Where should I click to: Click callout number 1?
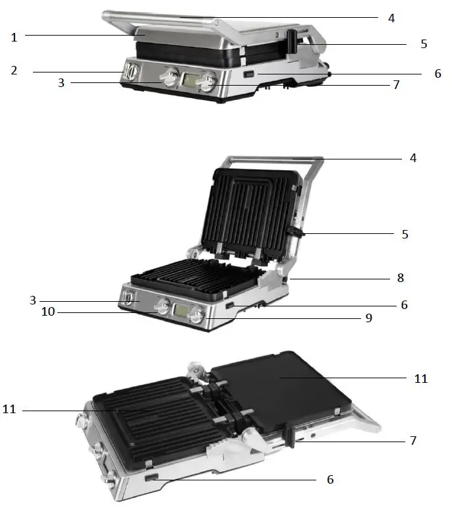[x=14, y=38]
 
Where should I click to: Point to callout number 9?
[x=369, y=318]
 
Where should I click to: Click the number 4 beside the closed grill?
[x=391, y=18]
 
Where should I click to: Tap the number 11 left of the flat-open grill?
[x=9, y=409]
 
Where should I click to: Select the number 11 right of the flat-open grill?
[x=420, y=378]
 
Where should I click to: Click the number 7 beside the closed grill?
[x=395, y=85]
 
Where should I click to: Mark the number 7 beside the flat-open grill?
[x=413, y=440]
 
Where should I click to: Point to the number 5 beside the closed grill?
[x=424, y=44]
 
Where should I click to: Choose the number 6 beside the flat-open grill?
[x=330, y=479]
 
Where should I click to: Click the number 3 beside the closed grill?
[x=61, y=83]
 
